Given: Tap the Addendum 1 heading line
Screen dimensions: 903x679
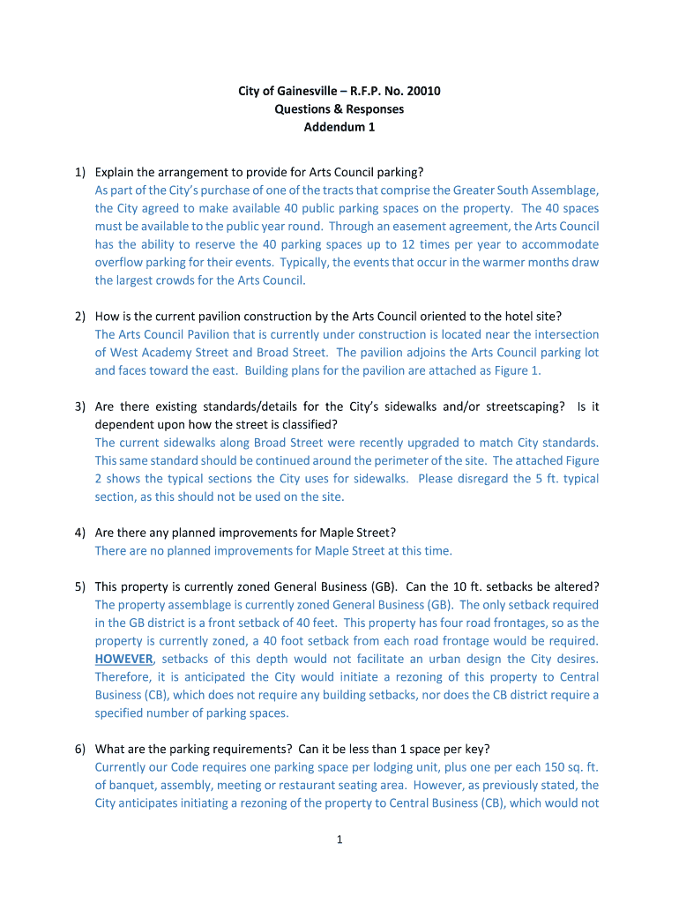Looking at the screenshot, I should tap(339, 127).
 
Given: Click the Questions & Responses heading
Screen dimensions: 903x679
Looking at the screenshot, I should tap(339, 109).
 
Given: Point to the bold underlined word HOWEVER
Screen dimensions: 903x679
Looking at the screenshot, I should tap(123, 659).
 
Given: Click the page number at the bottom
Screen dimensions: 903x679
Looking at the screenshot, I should tap(339, 839).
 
